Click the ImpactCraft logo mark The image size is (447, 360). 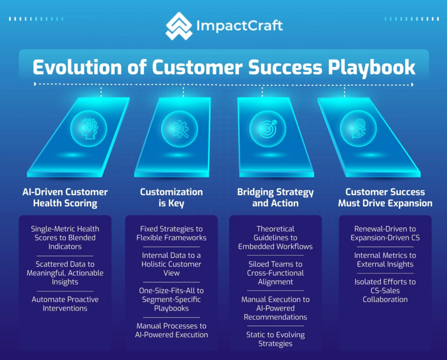point(179,26)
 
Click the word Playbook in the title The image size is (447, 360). point(371,68)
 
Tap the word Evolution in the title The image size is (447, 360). point(77,67)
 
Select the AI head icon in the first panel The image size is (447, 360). point(89,128)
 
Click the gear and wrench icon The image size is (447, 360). point(179,129)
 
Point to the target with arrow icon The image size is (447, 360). point(268,128)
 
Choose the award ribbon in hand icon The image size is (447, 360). point(358,128)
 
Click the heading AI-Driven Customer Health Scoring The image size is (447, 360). point(65,197)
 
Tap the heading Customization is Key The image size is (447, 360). point(171,197)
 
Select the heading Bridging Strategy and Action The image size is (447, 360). point(275,197)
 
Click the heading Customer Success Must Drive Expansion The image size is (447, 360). point(385,197)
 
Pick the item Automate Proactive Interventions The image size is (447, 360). point(65,304)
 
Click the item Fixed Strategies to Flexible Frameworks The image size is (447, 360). point(171,233)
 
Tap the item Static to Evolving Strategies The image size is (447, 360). point(275,339)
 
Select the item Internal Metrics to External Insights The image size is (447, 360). point(385,260)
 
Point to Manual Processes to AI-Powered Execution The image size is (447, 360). point(171,330)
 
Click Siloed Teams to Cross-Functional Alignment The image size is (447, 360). point(275,273)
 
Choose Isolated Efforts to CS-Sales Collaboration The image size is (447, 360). point(385,291)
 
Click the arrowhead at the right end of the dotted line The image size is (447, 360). point(412,85)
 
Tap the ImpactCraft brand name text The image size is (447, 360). point(240,26)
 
